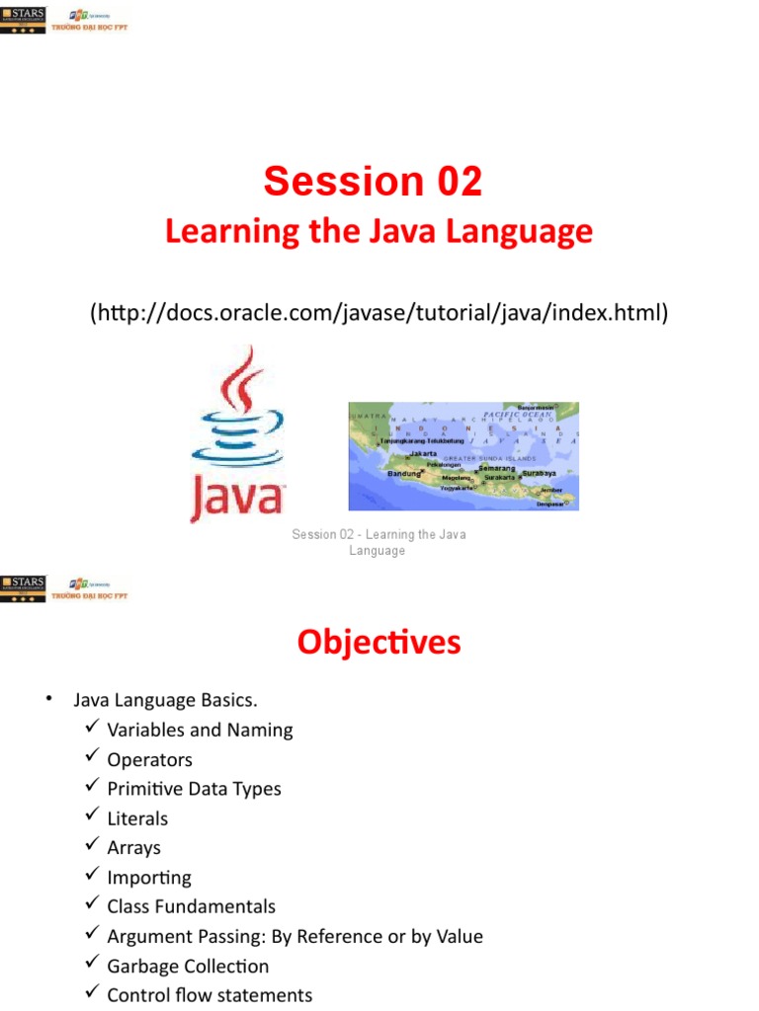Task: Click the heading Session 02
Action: (373, 182)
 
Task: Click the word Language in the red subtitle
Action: (519, 232)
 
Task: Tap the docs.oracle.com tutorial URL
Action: (379, 313)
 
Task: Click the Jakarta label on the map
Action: (423, 453)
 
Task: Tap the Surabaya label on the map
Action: (539, 473)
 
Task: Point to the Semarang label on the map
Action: (497, 467)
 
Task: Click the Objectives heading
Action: (379, 643)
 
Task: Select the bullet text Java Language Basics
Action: (165, 701)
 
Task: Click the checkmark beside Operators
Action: (92, 757)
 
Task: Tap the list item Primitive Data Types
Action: (194, 789)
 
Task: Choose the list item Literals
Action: (137, 818)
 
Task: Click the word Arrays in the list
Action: (133, 848)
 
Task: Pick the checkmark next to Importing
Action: (92, 875)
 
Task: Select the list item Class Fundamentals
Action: (192, 906)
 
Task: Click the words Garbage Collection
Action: (188, 966)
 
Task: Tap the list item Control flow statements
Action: (210, 995)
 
